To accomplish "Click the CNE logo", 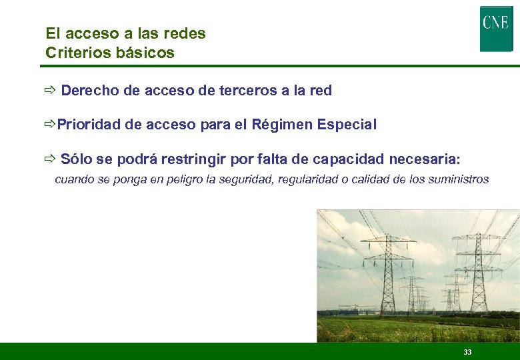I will (x=496, y=28).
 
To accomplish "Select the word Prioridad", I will (x=88, y=125).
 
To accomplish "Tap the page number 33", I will (x=467, y=352).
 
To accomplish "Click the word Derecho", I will (x=90, y=91).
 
